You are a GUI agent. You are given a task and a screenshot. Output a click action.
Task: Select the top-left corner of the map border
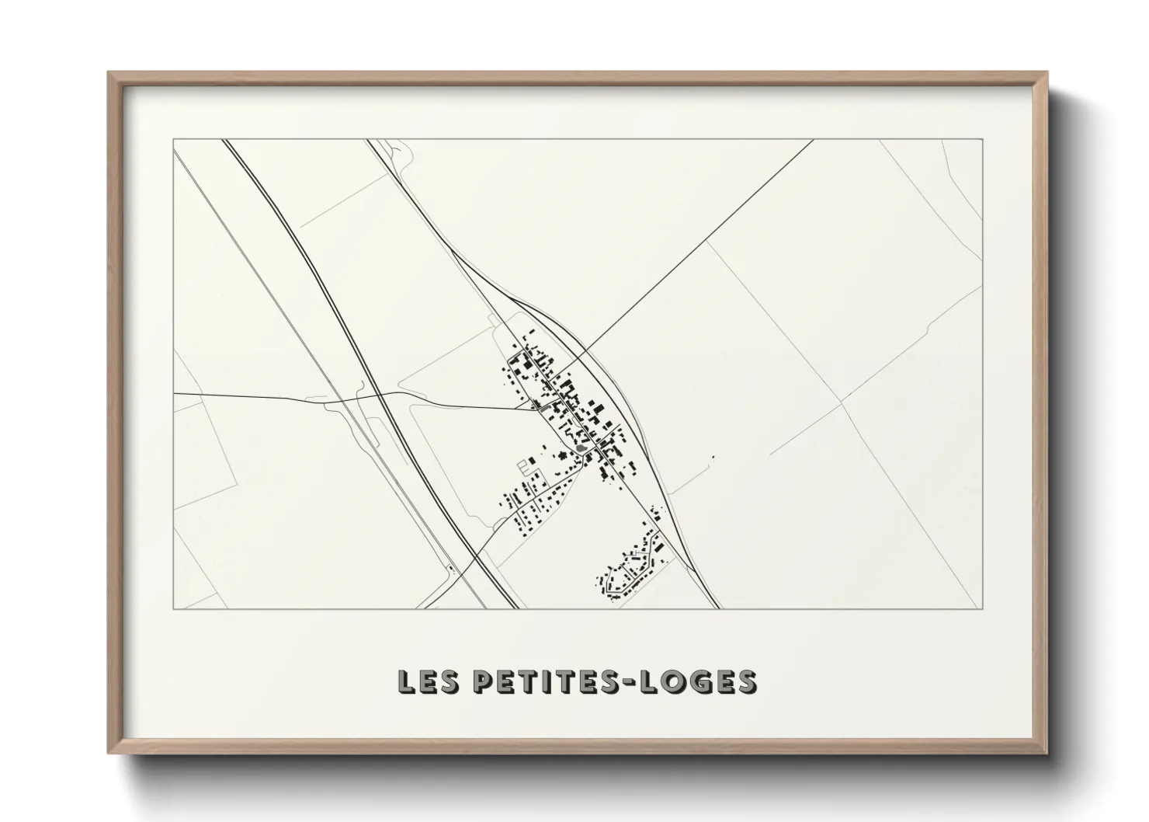174,140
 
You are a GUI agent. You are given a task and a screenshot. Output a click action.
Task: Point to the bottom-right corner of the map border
983,608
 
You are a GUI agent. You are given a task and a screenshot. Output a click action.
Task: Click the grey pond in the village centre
581,448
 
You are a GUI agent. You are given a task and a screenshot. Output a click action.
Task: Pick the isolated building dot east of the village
713,456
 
